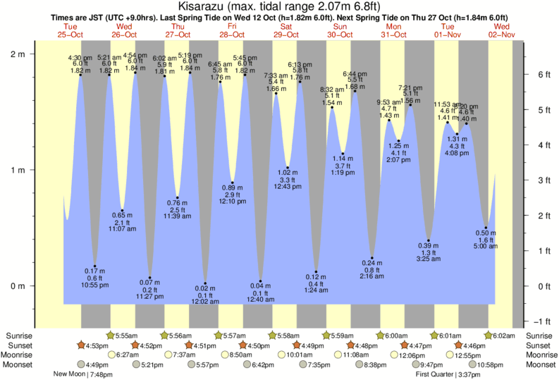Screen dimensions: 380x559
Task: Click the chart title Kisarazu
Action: (278, 6)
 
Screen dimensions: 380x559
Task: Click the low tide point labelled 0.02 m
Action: (205, 283)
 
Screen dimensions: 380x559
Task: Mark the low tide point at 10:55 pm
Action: (95, 266)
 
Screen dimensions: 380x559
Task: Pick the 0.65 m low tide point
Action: (122, 210)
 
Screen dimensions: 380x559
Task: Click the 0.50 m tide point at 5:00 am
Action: (486, 228)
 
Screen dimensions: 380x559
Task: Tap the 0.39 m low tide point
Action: (428, 240)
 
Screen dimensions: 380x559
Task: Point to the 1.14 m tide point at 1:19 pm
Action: (343, 154)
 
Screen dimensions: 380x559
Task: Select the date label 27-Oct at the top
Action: (178, 34)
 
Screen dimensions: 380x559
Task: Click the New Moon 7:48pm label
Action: (83, 374)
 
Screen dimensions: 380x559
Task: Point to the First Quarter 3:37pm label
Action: (443, 374)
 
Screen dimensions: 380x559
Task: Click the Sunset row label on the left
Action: (18, 345)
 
